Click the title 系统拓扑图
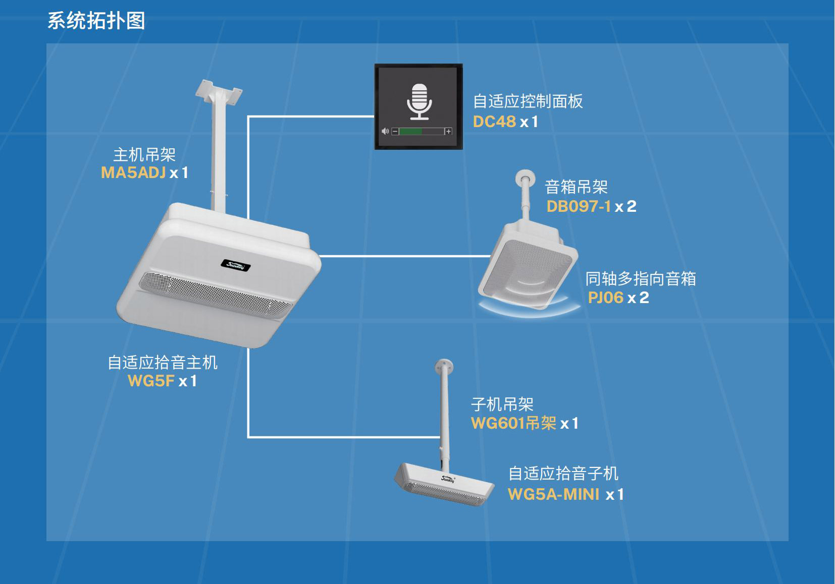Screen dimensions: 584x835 pos(96,21)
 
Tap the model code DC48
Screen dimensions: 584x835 pos(494,122)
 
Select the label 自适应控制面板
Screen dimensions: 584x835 pos(528,101)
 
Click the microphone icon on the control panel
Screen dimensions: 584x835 pos(419,101)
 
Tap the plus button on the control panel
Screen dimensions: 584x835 pos(448,132)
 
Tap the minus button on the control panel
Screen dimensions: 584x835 pos(395,132)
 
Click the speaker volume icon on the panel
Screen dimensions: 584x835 pos(385,131)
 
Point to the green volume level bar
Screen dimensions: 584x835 pos(411,132)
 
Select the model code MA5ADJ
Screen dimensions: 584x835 pos(133,172)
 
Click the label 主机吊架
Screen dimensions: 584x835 pos(144,154)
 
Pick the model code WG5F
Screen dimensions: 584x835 pos(151,381)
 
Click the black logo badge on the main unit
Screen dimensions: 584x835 pos(236,265)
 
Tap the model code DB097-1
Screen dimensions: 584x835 pos(579,206)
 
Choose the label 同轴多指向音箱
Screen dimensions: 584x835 pos(641,278)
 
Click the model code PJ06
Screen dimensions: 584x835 pos(605,298)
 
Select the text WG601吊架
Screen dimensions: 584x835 pos(513,423)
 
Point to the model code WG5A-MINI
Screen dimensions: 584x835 pos(553,494)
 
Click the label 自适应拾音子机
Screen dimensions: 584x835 pos(563,474)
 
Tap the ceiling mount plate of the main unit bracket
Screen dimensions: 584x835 pos(219,91)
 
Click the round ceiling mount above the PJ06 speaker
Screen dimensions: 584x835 pos(525,177)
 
